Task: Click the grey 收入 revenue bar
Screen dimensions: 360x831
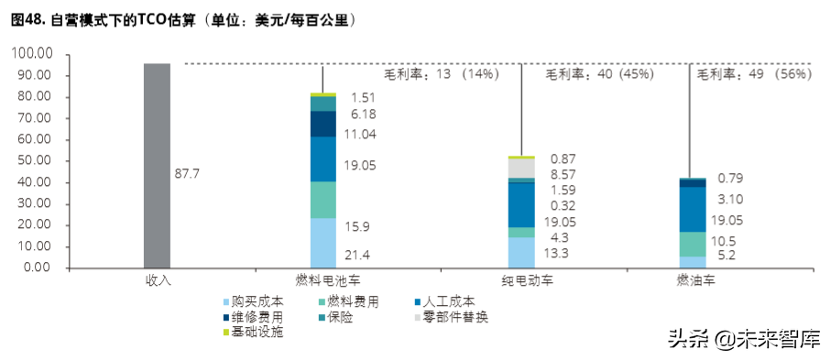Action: click(x=157, y=165)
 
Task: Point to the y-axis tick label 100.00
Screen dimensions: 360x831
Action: click(x=32, y=54)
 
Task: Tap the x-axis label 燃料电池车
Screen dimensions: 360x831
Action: click(x=323, y=280)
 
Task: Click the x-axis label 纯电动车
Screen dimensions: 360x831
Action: click(x=520, y=280)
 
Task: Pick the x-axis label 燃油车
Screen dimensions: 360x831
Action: click(x=693, y=280)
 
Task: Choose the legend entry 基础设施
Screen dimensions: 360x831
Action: click(x=257, y=332)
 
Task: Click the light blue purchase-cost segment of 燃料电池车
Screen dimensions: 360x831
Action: click(x=323, y=243)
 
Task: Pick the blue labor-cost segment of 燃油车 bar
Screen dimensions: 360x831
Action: click(x=693, y=209)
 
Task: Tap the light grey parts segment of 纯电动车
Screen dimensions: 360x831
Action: click(x=520, y=169)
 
